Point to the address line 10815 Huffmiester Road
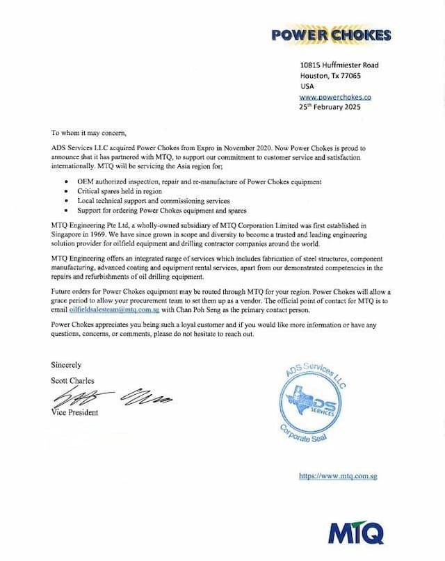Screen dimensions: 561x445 (x=339, y=65)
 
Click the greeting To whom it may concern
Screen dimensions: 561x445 (x=90, y=132)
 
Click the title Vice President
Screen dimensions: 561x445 (x=75, y=412)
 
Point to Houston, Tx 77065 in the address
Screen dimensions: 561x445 (x=330, y=76)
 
